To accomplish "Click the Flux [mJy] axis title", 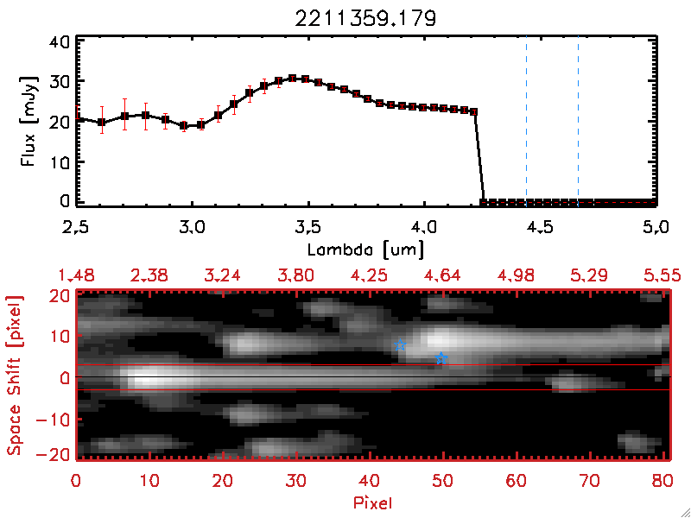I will tap(34, 120).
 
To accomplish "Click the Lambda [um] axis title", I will tap(365, 249).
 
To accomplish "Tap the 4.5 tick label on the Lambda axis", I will tap(540, 229).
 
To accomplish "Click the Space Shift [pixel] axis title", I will tap(14, 376).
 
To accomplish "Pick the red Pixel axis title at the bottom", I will tap(373, 502).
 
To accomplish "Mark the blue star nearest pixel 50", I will tap(441, 358).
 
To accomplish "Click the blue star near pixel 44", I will tap(401, 346).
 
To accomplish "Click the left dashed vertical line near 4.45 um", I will tap(526, 119).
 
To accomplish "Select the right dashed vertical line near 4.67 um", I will tap(578, 119).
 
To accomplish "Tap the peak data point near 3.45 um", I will tap(293, 79).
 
